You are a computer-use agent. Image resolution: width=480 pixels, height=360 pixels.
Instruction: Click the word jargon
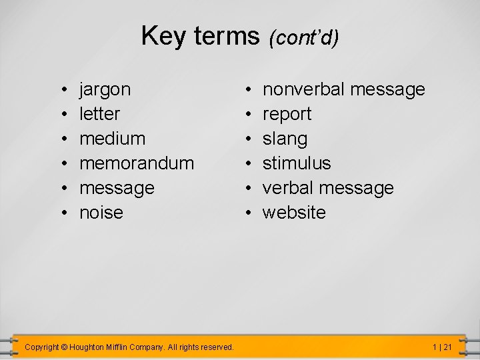pyautogui.click(x=105, y=90)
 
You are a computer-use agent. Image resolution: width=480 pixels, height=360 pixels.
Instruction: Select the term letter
pyautogui.click(x=100, y=114)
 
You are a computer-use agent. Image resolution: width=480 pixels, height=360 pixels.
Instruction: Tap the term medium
pyautogui.click(x=112, y=139)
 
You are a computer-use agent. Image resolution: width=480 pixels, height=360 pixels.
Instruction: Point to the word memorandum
pyautogui.click(x=137, y=163)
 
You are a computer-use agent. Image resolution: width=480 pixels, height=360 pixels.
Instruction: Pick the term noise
pyautogui.click(x=101, y=213)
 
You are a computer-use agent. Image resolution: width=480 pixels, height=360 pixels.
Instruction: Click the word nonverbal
pyautogui.click(x=303, y=89)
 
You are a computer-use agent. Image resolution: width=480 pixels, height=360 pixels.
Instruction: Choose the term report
pyautogui.click(x=287, y=115)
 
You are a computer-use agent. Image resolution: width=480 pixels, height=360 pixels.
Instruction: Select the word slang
pyautogui.click(x=285, y=139)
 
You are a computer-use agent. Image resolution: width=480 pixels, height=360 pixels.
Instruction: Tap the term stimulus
pyautogui.click(x=297, y=163)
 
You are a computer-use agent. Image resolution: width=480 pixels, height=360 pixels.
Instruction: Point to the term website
pyautogui.click(x=294, y=213)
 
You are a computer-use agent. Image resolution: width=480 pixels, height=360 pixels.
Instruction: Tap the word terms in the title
pyautogui.click(x=226, y=36)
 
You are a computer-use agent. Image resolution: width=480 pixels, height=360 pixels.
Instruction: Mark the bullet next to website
pyautogui.click(x=247, y=213)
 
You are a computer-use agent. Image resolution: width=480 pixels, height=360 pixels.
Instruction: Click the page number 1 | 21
pyautogui.click(x=442, y=347)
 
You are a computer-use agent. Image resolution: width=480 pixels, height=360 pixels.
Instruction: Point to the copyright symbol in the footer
pyautogui.click(x=64, y=347)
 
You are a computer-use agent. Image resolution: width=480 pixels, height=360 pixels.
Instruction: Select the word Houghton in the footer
pyautogui.click(x=91, y=347)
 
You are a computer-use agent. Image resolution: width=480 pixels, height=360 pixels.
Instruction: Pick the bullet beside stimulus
pyautogui.click(x=247, y=163)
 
